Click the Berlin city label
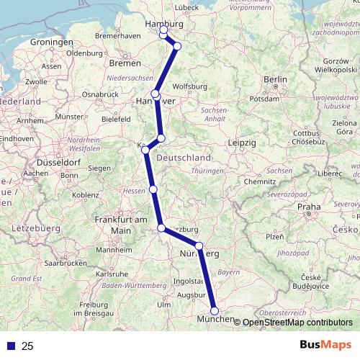(x=275, y=78)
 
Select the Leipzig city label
(x=244, y=143)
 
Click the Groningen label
(x=48, y=42)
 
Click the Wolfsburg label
(x=190, y=86)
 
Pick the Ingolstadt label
(x=188, y=280)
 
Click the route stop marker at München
(x=215, y=311)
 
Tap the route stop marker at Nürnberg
(x=199, y=246)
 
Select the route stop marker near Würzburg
(x=162, y=229)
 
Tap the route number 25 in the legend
(x=28, y=346)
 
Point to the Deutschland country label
(x=184, y=158)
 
